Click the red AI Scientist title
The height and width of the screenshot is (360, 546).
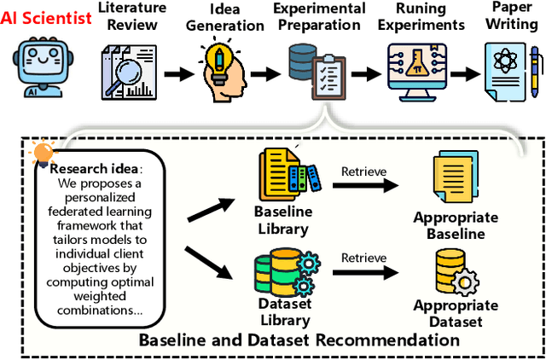46,18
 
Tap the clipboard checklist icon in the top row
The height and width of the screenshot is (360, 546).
328,79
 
